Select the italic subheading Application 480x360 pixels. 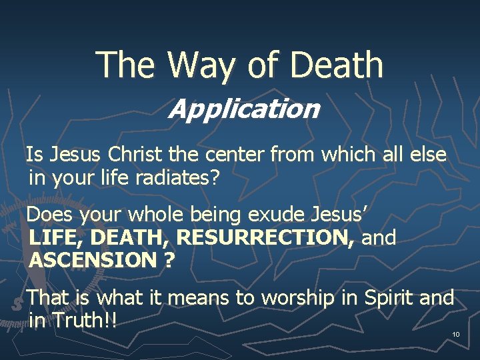[x=243, y=109]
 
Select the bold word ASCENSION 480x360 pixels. [x=92, y=260]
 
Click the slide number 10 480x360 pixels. [x=456, y=334]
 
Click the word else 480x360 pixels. [x=428, y=155]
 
